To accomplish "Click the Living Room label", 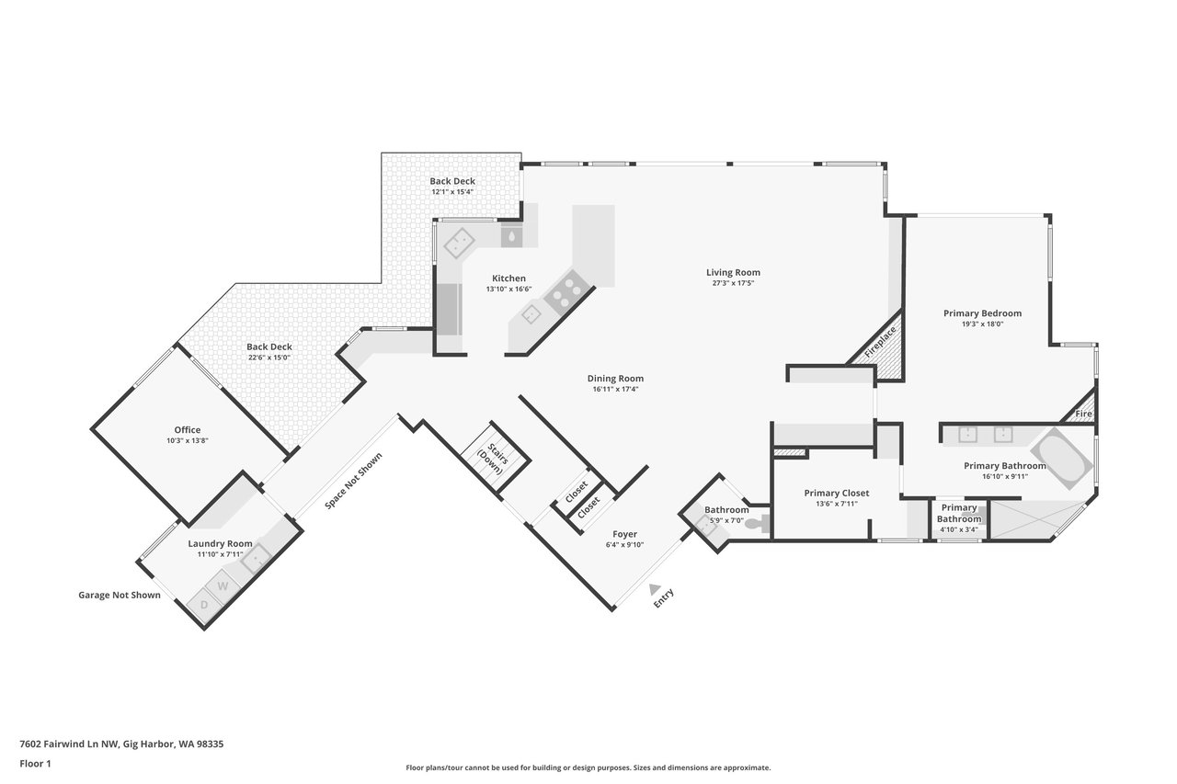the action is (733, 273).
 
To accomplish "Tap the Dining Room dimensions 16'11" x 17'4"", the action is (615, 389).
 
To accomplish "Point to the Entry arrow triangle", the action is (654, 589).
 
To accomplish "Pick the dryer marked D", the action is (204, 605).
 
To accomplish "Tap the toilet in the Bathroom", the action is (758, 523).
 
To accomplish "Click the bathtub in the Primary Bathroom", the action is (1061, 459).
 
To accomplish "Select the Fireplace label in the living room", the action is (880, 342).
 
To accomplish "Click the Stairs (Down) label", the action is (494, 458).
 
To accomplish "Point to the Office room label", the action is (188, 430).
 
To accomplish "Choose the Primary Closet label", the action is (837, 493).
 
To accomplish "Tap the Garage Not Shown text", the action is (120, 595).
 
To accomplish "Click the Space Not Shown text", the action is (354, 481).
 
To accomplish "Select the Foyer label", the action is (624, 534).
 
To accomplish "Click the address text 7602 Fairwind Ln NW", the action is (70, 744).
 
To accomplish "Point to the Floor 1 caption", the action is (35, 764).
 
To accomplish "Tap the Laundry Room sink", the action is (256, 558).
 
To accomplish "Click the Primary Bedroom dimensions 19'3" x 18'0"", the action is (983, 324).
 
